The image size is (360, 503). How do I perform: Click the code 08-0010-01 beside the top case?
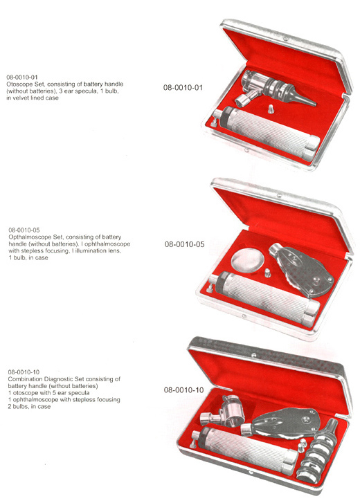point(183,88)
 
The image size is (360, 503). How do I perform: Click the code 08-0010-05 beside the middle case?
point(184,244)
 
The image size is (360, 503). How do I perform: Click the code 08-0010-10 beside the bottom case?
point(183,390)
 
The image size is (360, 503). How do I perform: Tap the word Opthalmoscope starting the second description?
point(26,237)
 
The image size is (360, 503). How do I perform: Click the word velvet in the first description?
point(21,98)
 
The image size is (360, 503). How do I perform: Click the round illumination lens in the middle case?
point(247,261)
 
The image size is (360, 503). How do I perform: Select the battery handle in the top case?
point(267,134)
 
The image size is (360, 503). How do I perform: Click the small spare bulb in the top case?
point(271,108)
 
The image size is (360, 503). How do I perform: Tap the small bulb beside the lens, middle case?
point(267,273)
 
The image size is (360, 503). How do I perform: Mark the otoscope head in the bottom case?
point(222,412)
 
